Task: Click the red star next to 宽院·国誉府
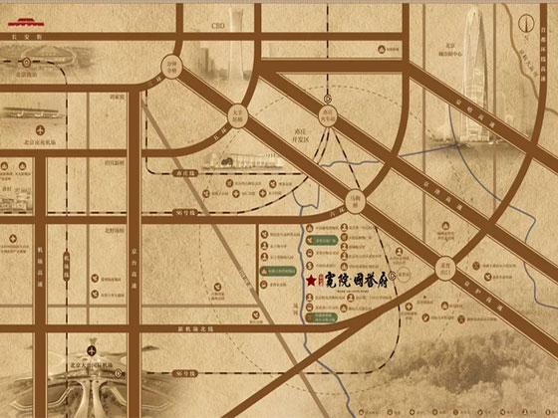point(311,284)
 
